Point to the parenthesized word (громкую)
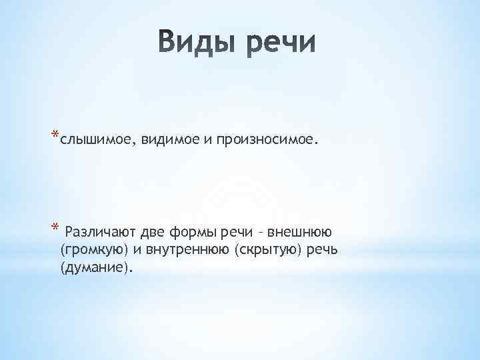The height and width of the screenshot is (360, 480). click(91, 249)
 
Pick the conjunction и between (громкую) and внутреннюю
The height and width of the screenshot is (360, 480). click(129, 249)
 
